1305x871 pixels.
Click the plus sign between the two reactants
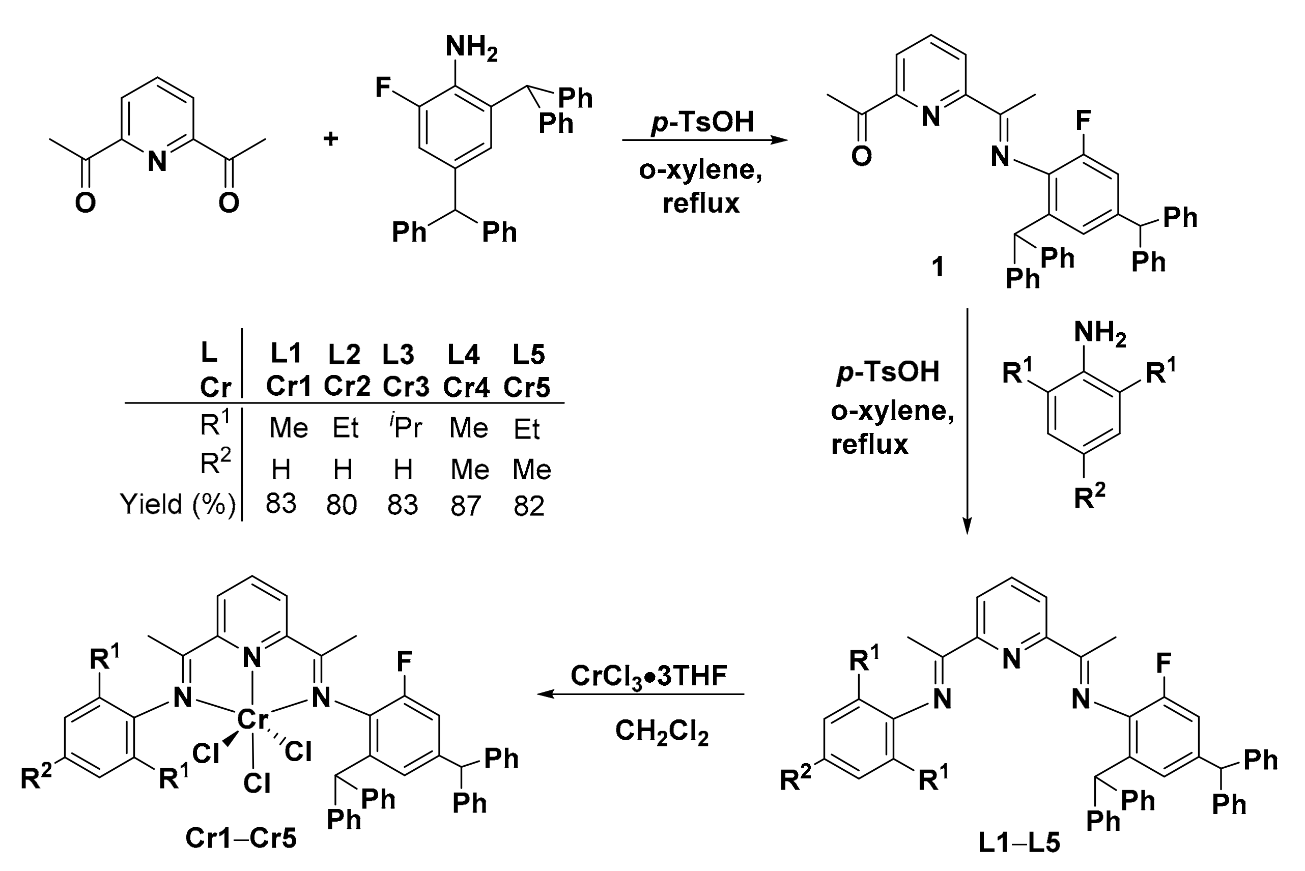(x=330, y=138)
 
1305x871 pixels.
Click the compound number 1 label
(x=938, y=267)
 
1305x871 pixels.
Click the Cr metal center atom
(x=253, y=719)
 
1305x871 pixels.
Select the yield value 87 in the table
(x=465, y=506)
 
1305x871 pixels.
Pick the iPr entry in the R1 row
(x=406, y=427)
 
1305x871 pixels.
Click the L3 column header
(x=398, y=355)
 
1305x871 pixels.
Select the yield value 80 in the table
(x=341, y=505)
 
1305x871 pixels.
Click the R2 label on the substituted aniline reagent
(x=1089, y=497)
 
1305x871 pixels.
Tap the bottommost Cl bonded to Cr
(x=257, y=783)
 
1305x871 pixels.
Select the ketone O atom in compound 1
(x=861, y=157)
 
